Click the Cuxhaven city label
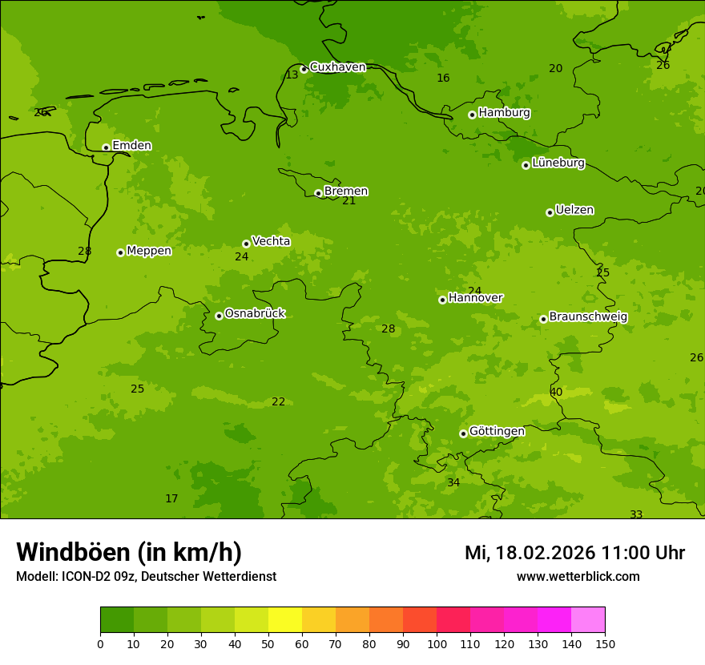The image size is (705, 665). tap(337, 67)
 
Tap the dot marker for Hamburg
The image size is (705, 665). tap(472, 115)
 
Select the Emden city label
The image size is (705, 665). tap(131, 146)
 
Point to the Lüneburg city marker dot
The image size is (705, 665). tap(526, 165)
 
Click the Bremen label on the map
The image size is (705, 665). tap(346, 191)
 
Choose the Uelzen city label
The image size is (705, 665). tap(574, 211)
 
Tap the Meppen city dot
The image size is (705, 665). tap(120, 252)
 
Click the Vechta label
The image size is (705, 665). tap(271, 241)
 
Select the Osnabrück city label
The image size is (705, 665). tap(255, 313)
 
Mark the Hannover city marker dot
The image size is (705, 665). tap(442, 300)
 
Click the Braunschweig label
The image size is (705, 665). tap(588, 317)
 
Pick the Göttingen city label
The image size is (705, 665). tap(497, 431)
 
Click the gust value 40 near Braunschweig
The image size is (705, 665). tap(556, 392)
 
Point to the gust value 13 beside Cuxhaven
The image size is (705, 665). tap(292, 75)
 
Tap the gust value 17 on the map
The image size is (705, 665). tap(171, 498)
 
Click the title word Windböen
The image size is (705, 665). tap(73, 552)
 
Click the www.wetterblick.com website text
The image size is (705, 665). tap(578, 577)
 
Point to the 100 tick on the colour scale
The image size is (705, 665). tap(437, 643)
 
